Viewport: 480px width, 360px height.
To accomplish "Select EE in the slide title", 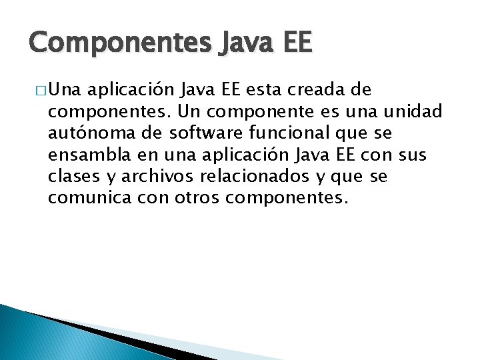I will click(x=291, y=43).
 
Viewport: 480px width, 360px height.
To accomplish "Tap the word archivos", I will click(x=155, y=177).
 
